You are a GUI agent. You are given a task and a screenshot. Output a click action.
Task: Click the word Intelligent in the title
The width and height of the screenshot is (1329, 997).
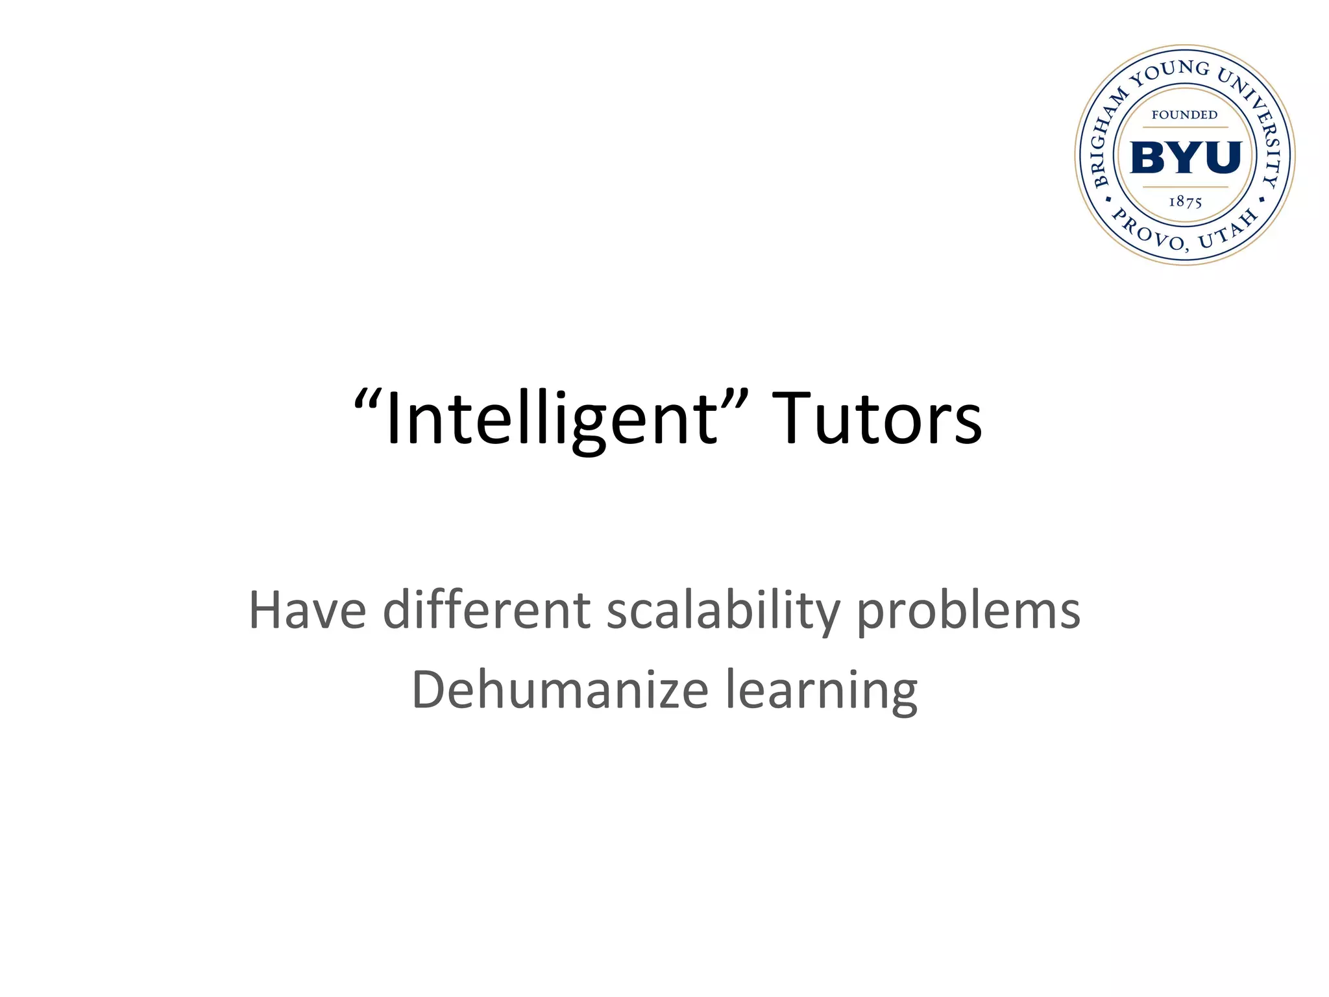pyautogui.click(x=552, y=419)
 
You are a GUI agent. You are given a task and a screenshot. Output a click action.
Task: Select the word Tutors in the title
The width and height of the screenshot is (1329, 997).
pyautogui.click(x=880, y=419)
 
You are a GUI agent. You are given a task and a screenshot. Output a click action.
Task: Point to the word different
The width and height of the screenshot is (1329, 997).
pyautogui.click(x=487, y=610)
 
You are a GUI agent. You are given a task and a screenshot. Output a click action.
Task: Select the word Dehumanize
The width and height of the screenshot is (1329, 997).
pyautogui.click(x=559, y=689)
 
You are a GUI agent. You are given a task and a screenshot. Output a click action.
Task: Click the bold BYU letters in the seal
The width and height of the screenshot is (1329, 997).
pyautogui.click(x=1186, y=158)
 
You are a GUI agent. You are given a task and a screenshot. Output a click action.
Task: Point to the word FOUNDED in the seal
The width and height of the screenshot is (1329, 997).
pyautogui.click(x=1185, y=115)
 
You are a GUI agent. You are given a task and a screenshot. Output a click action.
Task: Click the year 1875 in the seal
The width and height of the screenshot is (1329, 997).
pyautogui.click(x=1186, y=202)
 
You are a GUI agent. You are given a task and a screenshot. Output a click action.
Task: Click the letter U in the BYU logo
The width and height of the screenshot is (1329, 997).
pyautogui.click(x=1221, y=158)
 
